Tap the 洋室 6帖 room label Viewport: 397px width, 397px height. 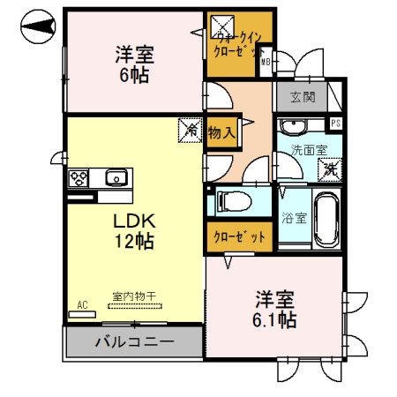[134, 64]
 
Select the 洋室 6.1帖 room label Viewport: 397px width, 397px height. [276, 308]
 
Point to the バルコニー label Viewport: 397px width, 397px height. [133, 341]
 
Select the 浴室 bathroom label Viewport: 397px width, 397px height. [295, 218]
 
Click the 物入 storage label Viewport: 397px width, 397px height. [221, 133]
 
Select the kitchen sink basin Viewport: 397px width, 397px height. [116, 178]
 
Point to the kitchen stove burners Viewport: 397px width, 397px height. [79, 177]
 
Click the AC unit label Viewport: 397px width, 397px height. [83, 305]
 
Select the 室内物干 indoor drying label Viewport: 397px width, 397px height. [135, 299]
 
